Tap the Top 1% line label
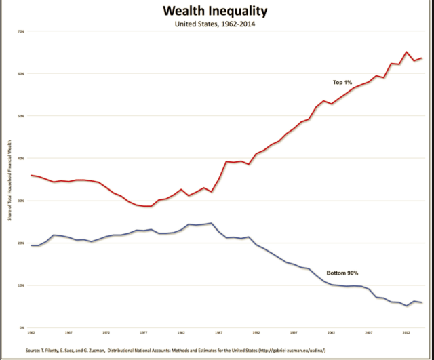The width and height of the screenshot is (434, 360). pos(342,82)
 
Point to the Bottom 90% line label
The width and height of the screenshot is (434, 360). pos(342,273)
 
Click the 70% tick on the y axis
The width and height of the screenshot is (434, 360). pos(20,31)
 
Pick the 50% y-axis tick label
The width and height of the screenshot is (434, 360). pos(20,116)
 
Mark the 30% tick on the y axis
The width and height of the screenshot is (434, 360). pos(20,201)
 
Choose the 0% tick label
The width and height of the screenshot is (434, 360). pos(21,327)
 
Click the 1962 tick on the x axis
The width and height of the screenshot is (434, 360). pos(31,333)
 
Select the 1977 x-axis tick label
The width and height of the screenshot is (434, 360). pos(144,333)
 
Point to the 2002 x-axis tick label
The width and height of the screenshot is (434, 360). pos(332,333)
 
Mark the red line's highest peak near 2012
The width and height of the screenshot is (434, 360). pos(406,52)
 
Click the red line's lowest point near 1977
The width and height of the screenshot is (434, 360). pos(145,206)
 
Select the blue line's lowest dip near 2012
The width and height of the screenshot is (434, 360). pos(406,306)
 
